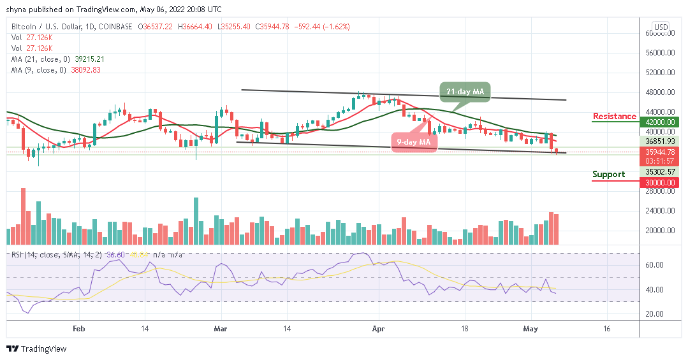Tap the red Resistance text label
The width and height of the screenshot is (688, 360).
point(614,116)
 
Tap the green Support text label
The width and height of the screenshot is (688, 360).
point(608,174)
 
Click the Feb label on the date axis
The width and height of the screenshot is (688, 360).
point(78,329)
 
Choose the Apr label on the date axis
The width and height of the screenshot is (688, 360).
point(379,329)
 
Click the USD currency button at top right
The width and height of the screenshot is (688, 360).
point(661,27)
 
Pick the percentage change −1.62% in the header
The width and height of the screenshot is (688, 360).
point(337,26)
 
